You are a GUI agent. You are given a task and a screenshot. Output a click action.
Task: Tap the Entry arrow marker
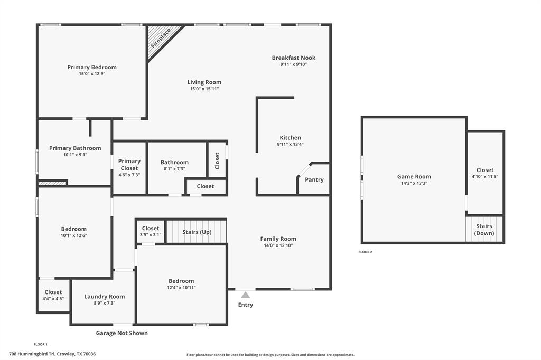point(245,295)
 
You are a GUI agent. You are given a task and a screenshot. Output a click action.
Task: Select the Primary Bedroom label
point(92,67)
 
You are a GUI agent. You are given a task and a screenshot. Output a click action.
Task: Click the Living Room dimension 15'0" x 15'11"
point(204,89)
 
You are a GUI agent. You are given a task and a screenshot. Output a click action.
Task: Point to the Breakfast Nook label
point(294,58)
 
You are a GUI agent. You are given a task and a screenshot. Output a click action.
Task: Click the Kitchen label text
point(290,138)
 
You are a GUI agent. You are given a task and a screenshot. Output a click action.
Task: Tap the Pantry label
point(314,179)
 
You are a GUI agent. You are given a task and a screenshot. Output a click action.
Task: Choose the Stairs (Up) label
point(197,232)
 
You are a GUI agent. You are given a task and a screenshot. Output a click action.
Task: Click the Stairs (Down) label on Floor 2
point(484,230)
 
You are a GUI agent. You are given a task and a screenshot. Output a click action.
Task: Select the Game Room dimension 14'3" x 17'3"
point(414,183)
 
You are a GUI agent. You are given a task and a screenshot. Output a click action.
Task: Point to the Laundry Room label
point(105,297)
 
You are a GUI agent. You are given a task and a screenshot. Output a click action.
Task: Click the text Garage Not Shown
point(122,333)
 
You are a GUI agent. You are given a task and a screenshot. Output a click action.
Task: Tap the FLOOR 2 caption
point(366,252)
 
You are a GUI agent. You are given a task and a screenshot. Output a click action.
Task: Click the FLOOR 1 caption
point(40,345)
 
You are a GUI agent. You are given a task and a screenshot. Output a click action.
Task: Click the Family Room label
point(278,239)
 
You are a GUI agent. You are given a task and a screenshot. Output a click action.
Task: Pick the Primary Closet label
point(129,165)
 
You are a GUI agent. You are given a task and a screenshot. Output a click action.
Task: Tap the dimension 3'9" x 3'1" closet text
point(151,235)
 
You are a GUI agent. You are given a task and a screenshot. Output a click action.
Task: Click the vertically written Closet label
point(217,160)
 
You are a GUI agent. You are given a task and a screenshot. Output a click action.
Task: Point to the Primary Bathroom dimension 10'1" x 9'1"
point(75,155)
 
